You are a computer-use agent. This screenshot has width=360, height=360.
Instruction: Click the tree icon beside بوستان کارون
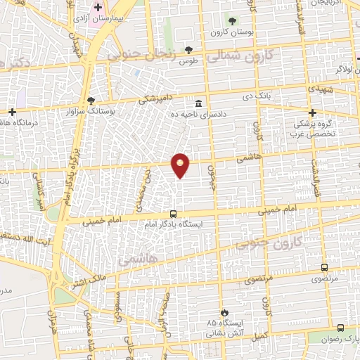point(232,20)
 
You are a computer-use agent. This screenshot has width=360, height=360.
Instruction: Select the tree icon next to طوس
point(188,49)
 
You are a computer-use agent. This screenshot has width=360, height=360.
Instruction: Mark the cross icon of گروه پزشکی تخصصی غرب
point(314,112)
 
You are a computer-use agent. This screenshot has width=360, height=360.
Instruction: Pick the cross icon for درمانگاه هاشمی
point(13,112)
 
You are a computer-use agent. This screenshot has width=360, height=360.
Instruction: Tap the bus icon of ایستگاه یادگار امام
point(173,214)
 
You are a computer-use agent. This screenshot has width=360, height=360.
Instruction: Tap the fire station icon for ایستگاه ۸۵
point(224,312)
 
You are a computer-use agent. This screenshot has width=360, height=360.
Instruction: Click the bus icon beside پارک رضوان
point(341,328)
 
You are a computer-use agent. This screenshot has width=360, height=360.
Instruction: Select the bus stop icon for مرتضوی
point(324,267)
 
